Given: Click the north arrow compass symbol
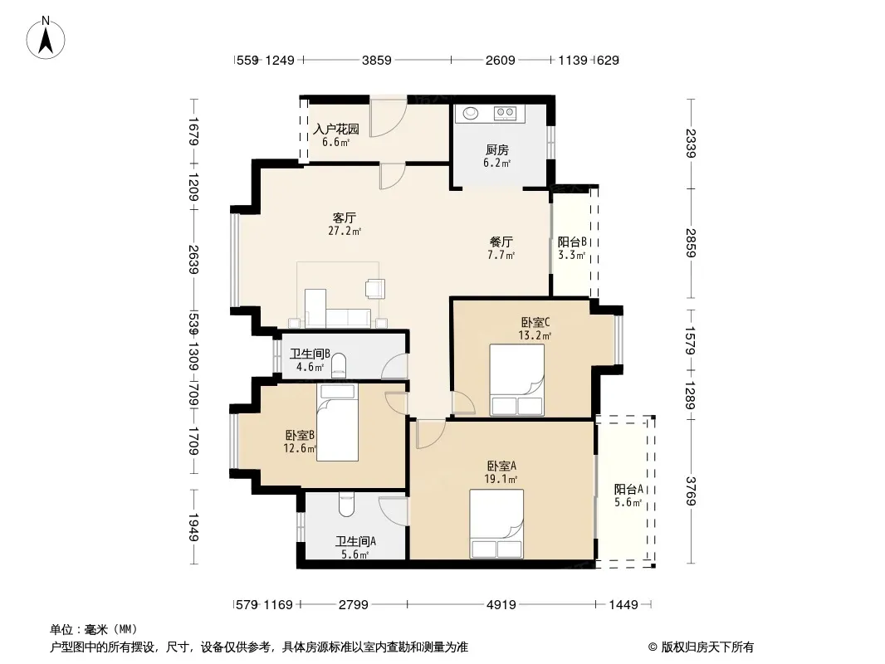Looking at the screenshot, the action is [x=46, y=38].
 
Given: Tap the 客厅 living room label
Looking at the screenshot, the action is [x=345, y=217].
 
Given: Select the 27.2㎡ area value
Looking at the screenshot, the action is [x=345, y=231].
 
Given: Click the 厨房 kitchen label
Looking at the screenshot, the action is [x=496, y=150].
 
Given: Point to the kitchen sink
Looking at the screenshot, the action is [x=471, y=114].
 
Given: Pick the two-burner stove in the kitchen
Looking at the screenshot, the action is [x=505, y=114].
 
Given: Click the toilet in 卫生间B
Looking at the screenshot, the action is [x=339, y=364].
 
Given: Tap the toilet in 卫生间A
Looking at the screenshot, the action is [x=346, y=505].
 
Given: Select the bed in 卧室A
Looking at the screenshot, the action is [x=496, y=524].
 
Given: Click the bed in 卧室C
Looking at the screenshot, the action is [x=517, y=380].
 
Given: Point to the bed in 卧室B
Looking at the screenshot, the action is [x=338, y=422].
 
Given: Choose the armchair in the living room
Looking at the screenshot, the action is [x=374, y=288].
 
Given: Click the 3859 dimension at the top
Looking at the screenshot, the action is [x=376, y=61].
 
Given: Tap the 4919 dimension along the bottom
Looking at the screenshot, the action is [x=501, y=605].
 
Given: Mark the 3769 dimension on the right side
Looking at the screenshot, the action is [x=691, y=491].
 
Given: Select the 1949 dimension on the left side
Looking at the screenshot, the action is [x=193, y=527].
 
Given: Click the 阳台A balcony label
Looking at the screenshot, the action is [x=628, y=489].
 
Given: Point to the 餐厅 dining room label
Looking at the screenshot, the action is [x=501, y=242].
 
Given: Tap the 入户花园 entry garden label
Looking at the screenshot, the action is [x=336, y=129].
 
